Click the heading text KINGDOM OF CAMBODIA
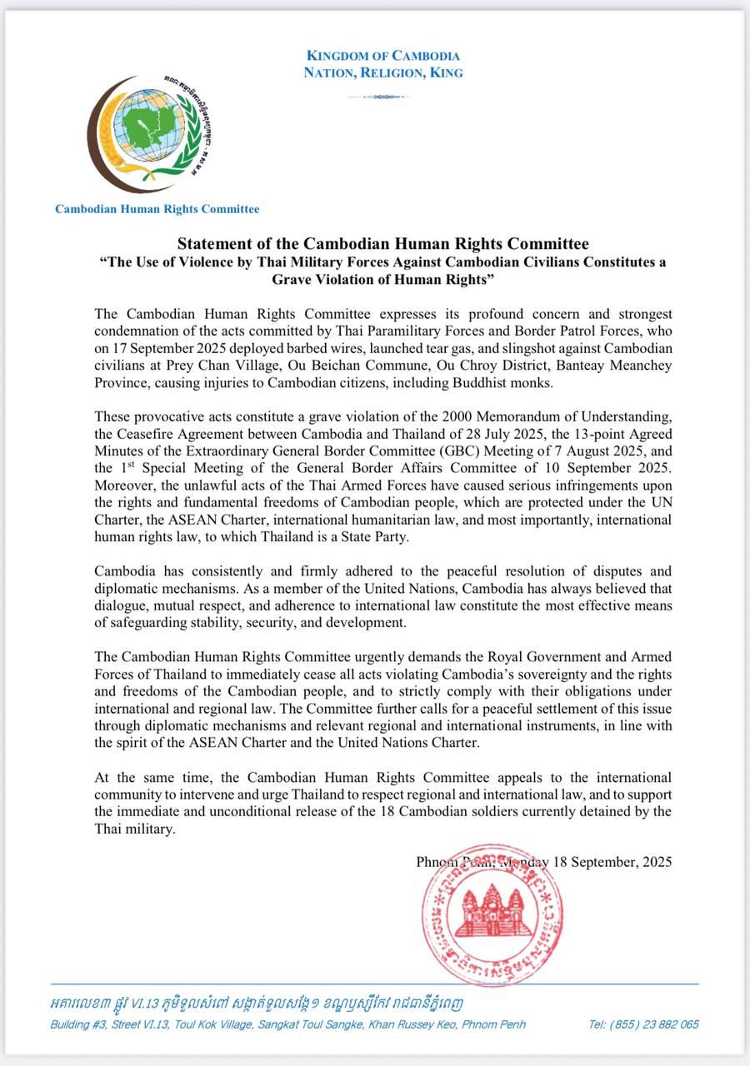(x=383, y=56)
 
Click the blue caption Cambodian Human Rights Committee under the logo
(x=157, y=209)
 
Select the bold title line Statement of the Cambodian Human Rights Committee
(x=383, y=244)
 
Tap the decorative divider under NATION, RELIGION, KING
(x=383, y=97)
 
